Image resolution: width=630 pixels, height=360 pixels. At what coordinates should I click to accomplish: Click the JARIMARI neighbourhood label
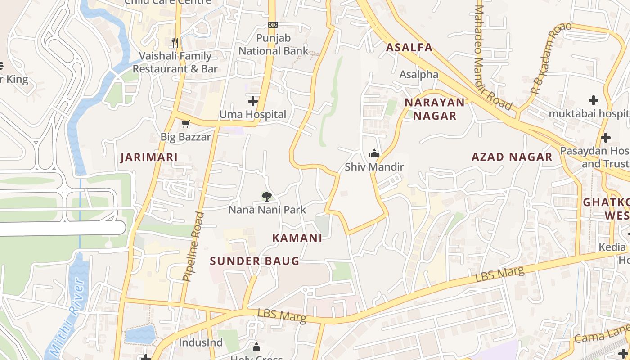[148, 157]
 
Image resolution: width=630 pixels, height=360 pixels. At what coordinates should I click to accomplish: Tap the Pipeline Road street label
[193, 247]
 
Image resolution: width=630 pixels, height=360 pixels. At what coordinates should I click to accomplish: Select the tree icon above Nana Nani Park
[267, 196]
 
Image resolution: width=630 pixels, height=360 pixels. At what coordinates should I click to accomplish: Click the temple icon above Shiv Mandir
[374, 154]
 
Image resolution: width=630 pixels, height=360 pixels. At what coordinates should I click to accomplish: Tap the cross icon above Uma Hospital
[253, 101]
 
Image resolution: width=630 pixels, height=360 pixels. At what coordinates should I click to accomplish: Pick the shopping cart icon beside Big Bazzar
[185, 124]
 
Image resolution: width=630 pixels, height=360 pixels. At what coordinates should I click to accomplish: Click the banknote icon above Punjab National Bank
[273, 25]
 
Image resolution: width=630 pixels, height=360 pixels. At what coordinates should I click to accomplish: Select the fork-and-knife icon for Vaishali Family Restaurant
[175, 43]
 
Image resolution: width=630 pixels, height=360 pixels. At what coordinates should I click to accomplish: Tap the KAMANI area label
[297, 238]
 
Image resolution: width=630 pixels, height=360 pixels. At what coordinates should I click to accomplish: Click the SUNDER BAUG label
[254, 261]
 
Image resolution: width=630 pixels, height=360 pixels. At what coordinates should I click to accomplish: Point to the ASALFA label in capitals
[409, 47]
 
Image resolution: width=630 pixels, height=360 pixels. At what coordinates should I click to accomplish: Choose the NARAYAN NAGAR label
[435, 109]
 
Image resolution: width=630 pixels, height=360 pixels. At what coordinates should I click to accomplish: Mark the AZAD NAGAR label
[512, 157]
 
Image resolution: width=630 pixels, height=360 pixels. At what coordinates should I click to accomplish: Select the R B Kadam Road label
[550, 58]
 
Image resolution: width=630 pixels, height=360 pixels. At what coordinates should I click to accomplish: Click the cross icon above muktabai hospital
[594, 100]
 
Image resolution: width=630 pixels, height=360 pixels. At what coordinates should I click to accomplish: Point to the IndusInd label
[201, 342]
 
